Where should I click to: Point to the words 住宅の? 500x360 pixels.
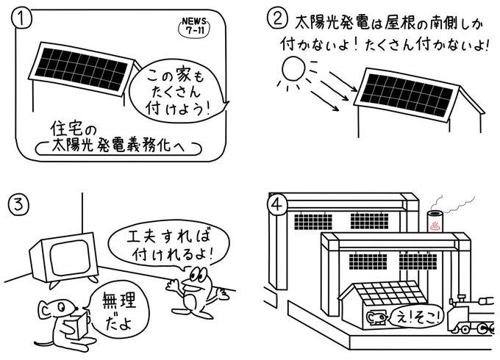82,126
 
